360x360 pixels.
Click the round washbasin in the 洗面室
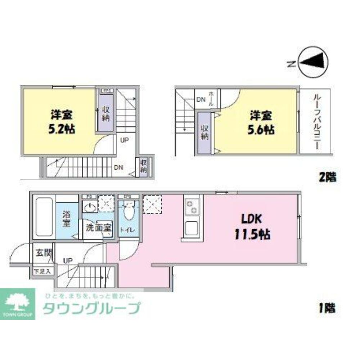click(90, 207)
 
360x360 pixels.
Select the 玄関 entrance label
click(42, 252)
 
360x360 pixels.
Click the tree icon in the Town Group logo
click(18, 302)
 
